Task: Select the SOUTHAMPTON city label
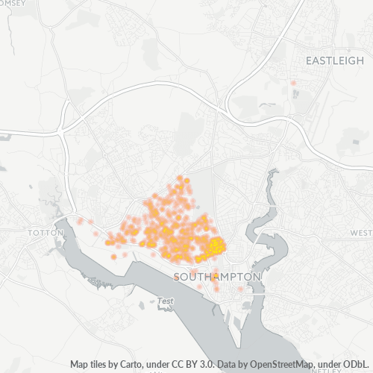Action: pyautogui.click(x=217, y=276)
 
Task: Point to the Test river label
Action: pyautogui.click(x=166, y=301)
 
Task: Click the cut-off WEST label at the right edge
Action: pyautogui.click(x=361, y=233)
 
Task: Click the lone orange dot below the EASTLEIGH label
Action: pyautogui.click(x=293, y=82)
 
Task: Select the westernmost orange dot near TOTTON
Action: pyautogui.click(x=80, y=221)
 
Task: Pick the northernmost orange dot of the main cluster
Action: pyautogui.click(x=180, y=178)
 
